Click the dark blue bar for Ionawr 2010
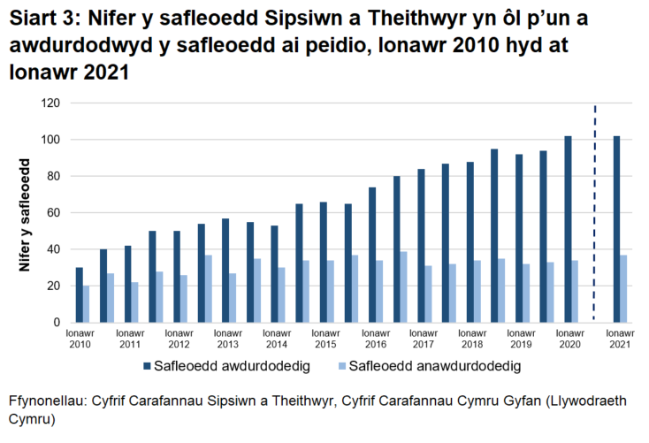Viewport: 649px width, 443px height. [x=80, y=295]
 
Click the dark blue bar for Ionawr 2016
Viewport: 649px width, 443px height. [x=373, y=255]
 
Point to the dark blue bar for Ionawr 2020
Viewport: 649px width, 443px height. [x=569, y=230]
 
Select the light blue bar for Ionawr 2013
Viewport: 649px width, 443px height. [x=233, y=298]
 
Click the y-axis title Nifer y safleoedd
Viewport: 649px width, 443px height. [x=26, y=213]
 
